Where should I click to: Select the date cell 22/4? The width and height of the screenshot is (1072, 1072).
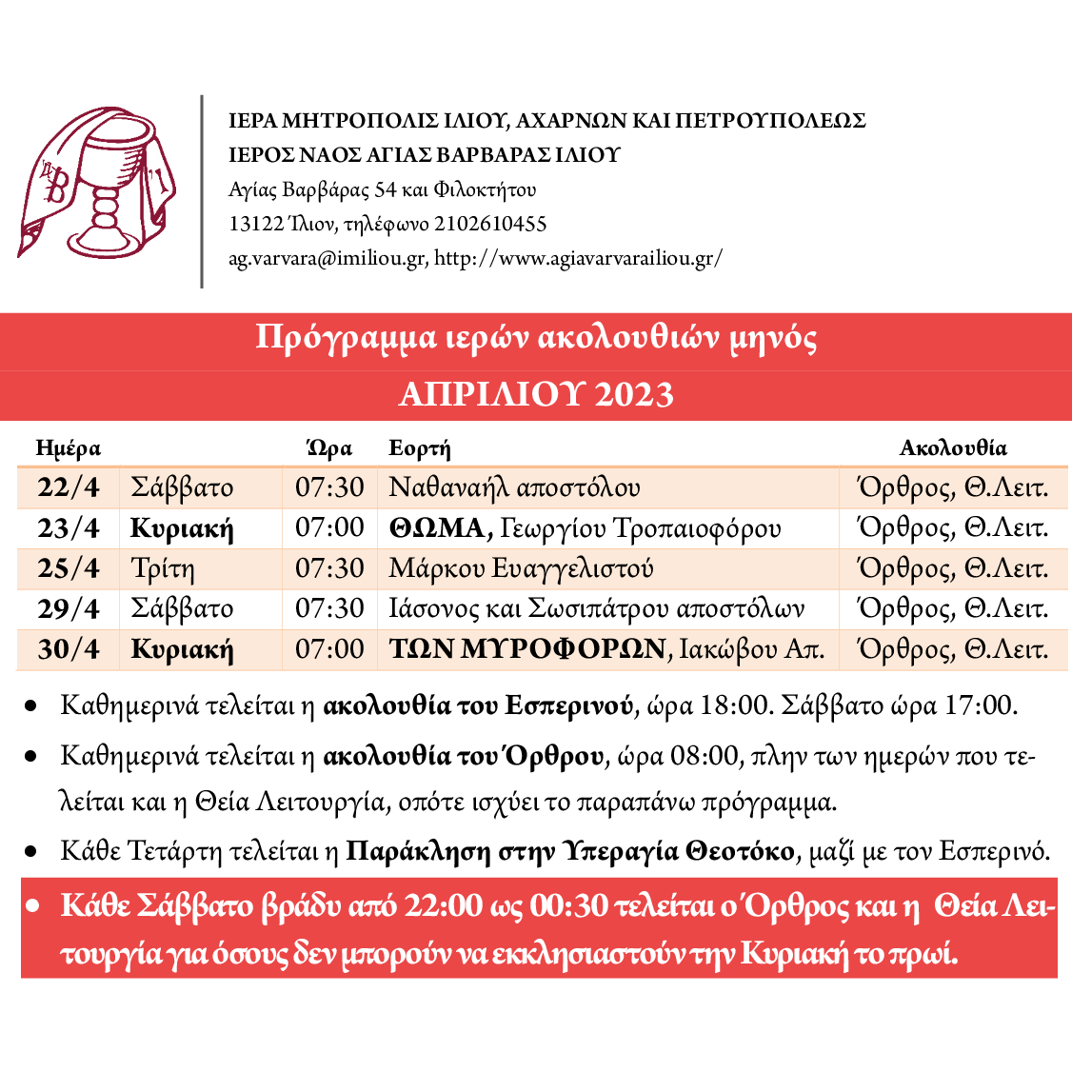(x=69, y=487)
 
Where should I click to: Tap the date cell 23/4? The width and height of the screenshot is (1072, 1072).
(x=69, y=528)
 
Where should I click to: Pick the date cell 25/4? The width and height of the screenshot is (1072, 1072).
(x=69, y=568)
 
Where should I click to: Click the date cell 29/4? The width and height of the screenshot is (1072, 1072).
(x=69, y=608)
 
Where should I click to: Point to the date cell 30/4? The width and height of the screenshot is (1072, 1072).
(x=69, y=649)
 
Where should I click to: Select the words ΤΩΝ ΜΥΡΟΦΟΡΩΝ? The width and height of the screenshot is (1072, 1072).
(x=527, y=649)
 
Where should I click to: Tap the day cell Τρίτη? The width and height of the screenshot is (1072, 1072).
(x=163, y=569)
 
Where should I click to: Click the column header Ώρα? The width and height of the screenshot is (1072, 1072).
(x=329, y=447)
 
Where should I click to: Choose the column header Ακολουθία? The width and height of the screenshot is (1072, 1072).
(x=953, y=447)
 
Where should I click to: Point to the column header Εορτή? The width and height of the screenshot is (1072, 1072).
(x=419, y=448)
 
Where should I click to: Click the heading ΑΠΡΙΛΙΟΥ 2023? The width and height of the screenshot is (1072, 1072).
(x=536, y=394)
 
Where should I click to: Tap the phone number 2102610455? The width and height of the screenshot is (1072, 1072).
(x=490, y=225)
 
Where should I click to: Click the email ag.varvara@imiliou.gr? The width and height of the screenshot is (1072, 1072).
(x=327, y=258)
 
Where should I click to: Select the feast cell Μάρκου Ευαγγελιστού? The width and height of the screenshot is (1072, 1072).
(x=521, y=569)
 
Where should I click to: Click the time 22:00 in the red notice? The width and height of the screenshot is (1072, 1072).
(x=444, y=905)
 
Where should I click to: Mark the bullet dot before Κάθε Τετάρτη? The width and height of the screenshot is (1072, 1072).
(x=31, y=851)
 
